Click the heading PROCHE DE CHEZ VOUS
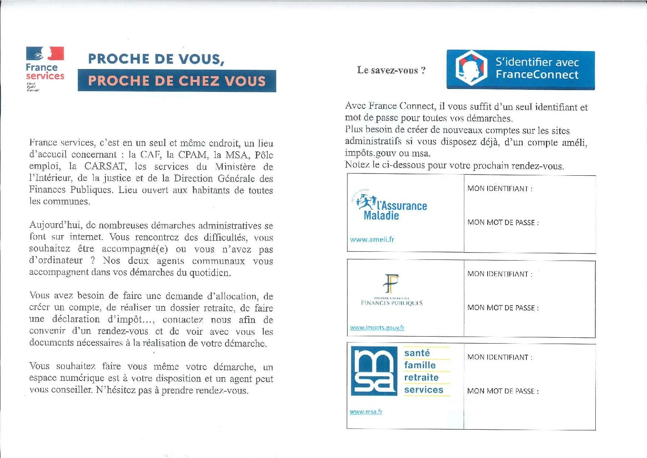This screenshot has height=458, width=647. click(177, 81)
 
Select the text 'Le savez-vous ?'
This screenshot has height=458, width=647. click(391, 70)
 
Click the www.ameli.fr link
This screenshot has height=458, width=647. click(372, 240)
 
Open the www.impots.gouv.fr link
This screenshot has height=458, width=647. click(377, 328)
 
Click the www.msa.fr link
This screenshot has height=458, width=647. click(366, 411)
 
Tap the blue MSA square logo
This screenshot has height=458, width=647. click(374, 371)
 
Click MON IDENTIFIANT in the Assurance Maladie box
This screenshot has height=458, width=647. click(500, 189)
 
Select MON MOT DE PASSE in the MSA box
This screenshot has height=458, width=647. click(503, 391)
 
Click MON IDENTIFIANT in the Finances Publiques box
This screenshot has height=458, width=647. click(500, 274)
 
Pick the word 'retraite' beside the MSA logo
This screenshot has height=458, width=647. click(421, 378)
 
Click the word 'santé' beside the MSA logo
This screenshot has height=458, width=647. click(417, 353)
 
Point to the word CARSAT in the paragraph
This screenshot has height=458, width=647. click(105, 166)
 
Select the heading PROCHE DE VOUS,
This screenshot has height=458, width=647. click(156, 59)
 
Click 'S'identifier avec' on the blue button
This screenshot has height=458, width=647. click(537, 62)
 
